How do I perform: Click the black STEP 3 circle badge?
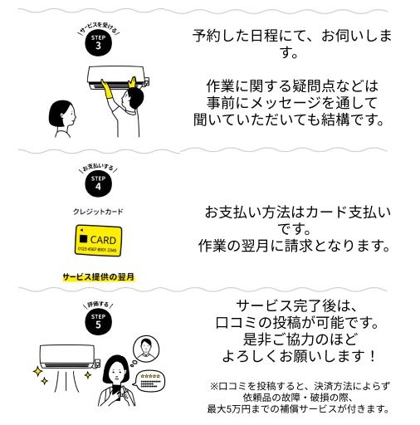tap(98, 43)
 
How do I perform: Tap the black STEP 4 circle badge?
tap(98, 183)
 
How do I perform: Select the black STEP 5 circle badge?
tap(98, 322)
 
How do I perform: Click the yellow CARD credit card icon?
tap(99, 240)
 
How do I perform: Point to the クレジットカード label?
tap(98, 212)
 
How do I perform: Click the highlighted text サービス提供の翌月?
tap(99, 276)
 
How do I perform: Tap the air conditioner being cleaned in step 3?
tap(119, 77)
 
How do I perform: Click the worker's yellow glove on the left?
tap(105, 89)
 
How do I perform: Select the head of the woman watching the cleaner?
tap(61, 115)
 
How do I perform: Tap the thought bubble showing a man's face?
tap(146, 349)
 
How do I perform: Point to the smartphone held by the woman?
tap(116, 391)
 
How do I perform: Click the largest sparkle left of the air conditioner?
tap(37, 371)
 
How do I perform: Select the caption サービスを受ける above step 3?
tap(98, 27)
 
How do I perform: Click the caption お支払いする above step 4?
tap(98, 167)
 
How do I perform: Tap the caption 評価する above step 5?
tap(98, 305)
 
